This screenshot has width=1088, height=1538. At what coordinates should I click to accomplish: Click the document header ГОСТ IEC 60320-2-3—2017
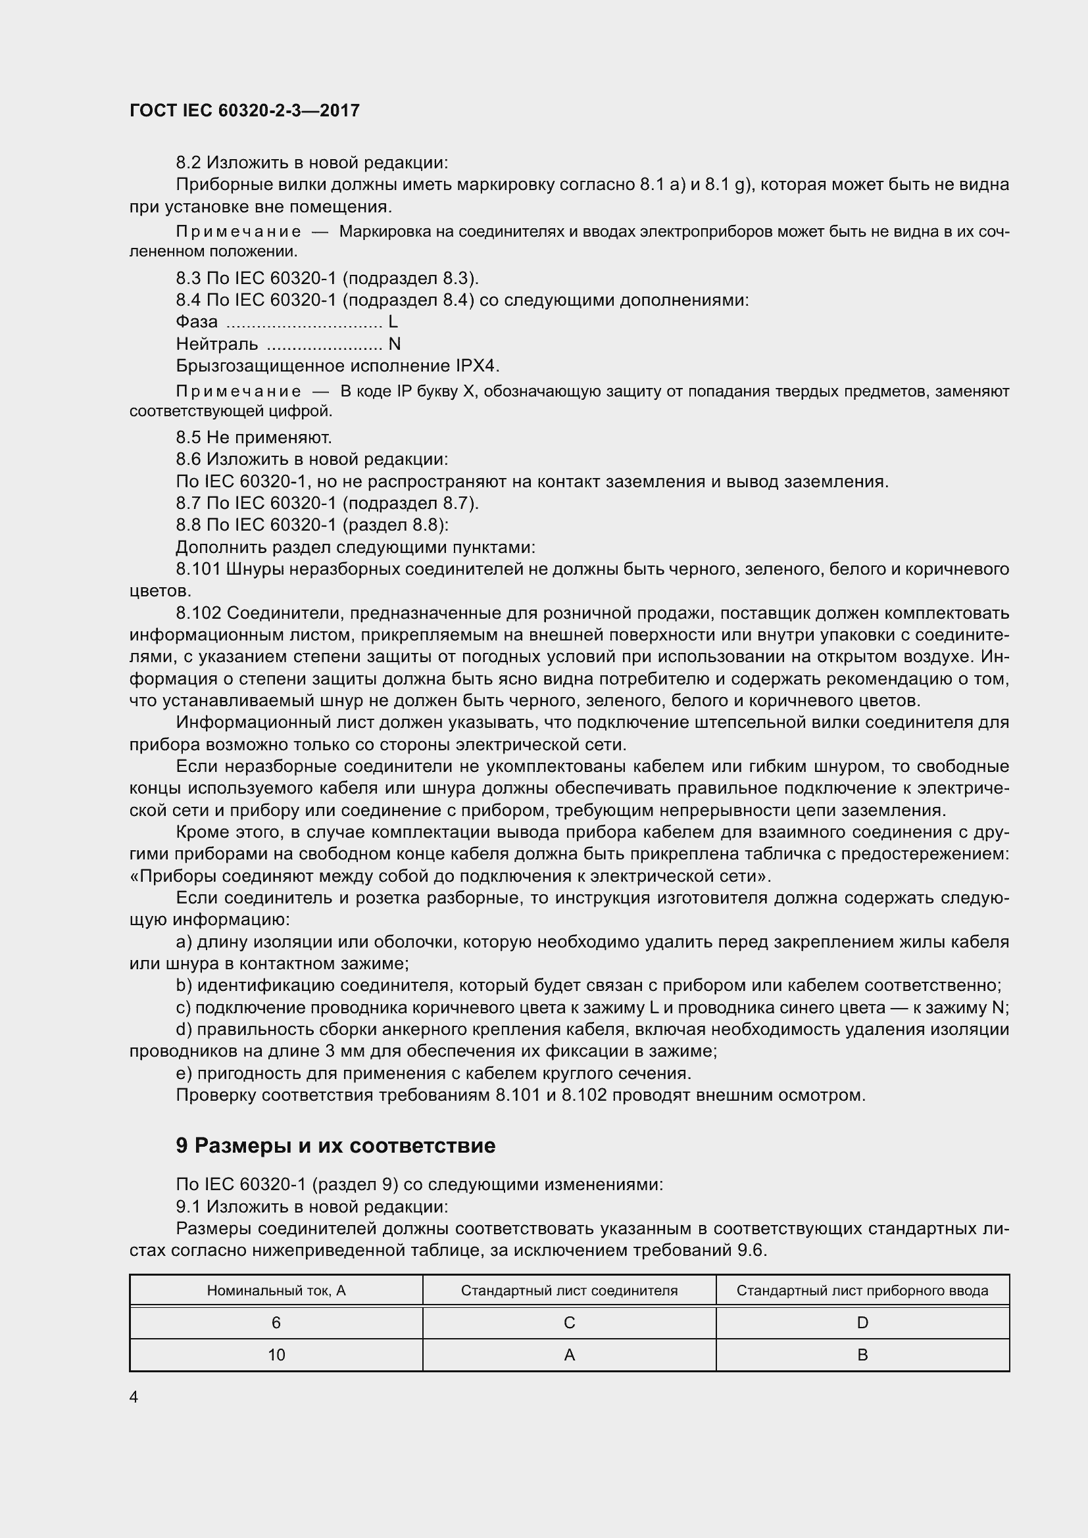click(245, 110)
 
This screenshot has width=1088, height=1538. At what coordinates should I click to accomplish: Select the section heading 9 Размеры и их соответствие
click(335, 1145)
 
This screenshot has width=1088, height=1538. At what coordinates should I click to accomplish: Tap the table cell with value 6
click(276, 1322)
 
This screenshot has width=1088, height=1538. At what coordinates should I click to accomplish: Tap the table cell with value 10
click(276, 1355)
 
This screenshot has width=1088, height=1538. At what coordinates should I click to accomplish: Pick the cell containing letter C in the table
click(570, 1322)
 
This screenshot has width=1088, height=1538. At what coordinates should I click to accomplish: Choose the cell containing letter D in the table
click(862, 1322)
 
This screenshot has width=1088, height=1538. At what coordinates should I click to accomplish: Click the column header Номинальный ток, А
click(276, 1290)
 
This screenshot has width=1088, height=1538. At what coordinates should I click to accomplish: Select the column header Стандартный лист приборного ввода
click(862, 1290)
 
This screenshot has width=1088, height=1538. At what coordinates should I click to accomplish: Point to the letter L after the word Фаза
click(393, 322)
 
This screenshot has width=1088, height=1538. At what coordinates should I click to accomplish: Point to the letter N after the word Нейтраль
click(395, 345)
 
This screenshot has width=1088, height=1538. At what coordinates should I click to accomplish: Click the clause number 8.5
click(188, 437)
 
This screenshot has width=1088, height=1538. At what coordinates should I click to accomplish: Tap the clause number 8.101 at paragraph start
click(198, 569)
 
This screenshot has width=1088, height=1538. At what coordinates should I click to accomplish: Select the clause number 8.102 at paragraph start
click(198, 613)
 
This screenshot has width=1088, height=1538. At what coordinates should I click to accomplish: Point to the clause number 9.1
click(188, 1207)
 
